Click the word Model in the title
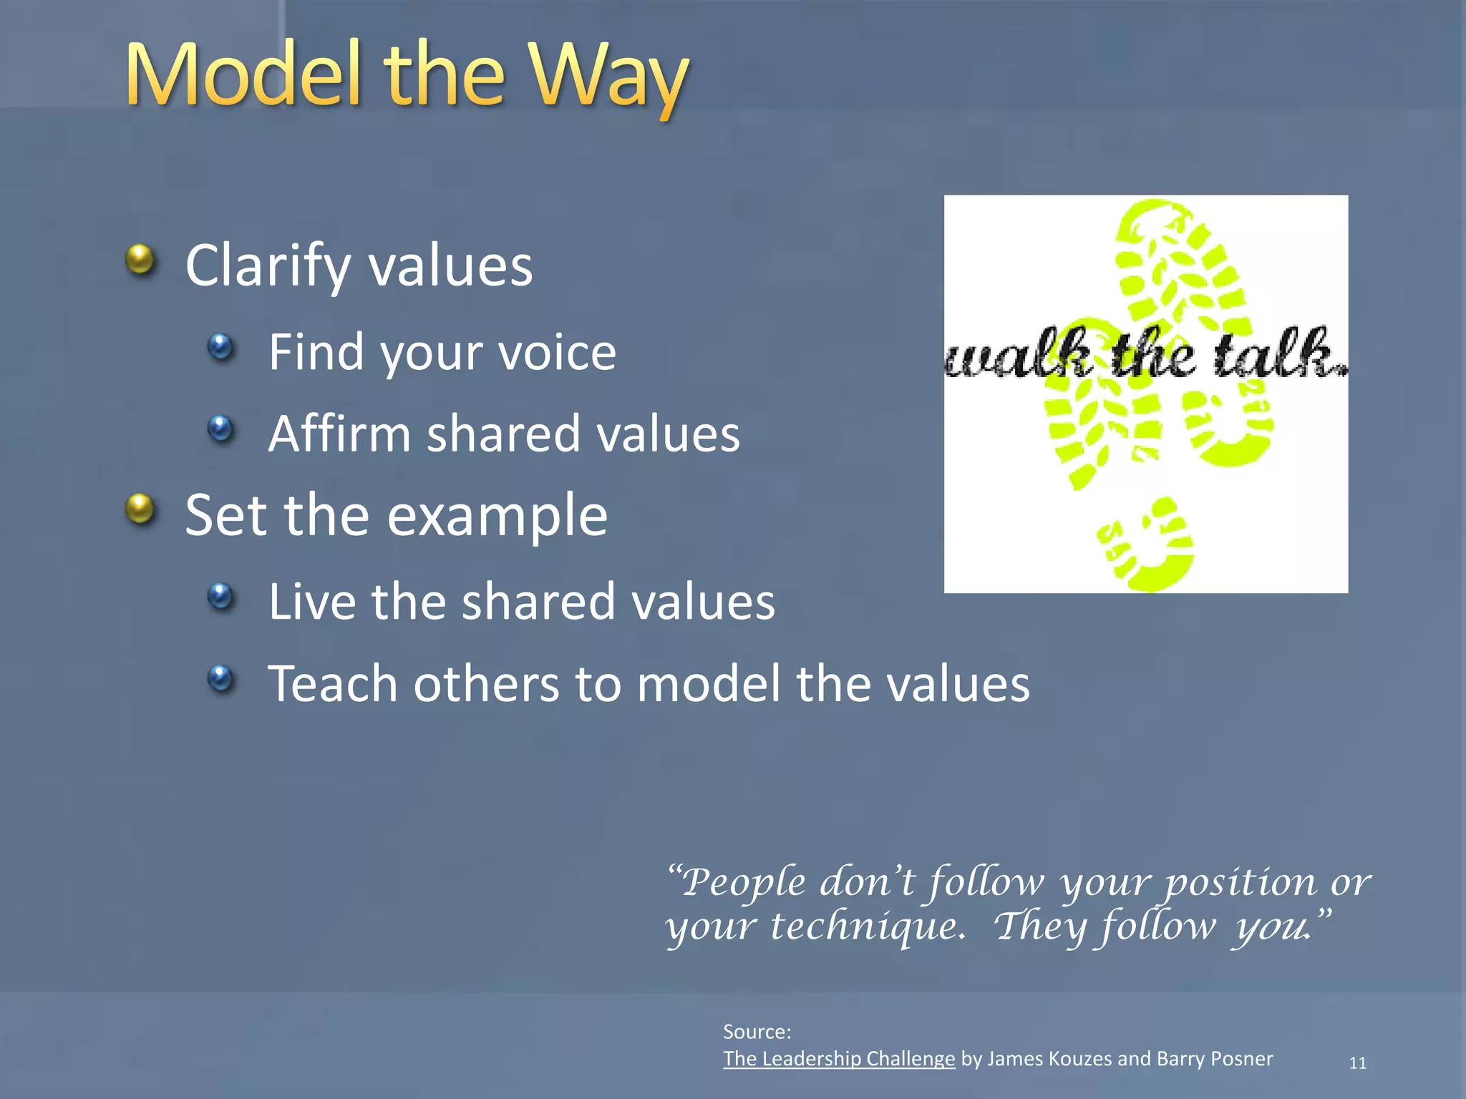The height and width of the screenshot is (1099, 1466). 243,75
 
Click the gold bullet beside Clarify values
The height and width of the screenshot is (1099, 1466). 140,260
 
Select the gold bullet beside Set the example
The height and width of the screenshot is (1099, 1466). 140,509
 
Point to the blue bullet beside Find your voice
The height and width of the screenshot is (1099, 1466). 220,348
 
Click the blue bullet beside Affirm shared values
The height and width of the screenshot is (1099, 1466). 220,429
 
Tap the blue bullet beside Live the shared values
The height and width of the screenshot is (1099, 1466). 220,596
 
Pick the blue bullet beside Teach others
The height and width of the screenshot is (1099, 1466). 220,678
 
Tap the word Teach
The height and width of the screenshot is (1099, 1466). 332,683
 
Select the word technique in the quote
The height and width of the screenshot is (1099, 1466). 868,926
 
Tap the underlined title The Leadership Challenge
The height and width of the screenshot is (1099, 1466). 839,1059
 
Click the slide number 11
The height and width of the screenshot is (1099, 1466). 1357,1063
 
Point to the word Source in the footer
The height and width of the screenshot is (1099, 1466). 755,1032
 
